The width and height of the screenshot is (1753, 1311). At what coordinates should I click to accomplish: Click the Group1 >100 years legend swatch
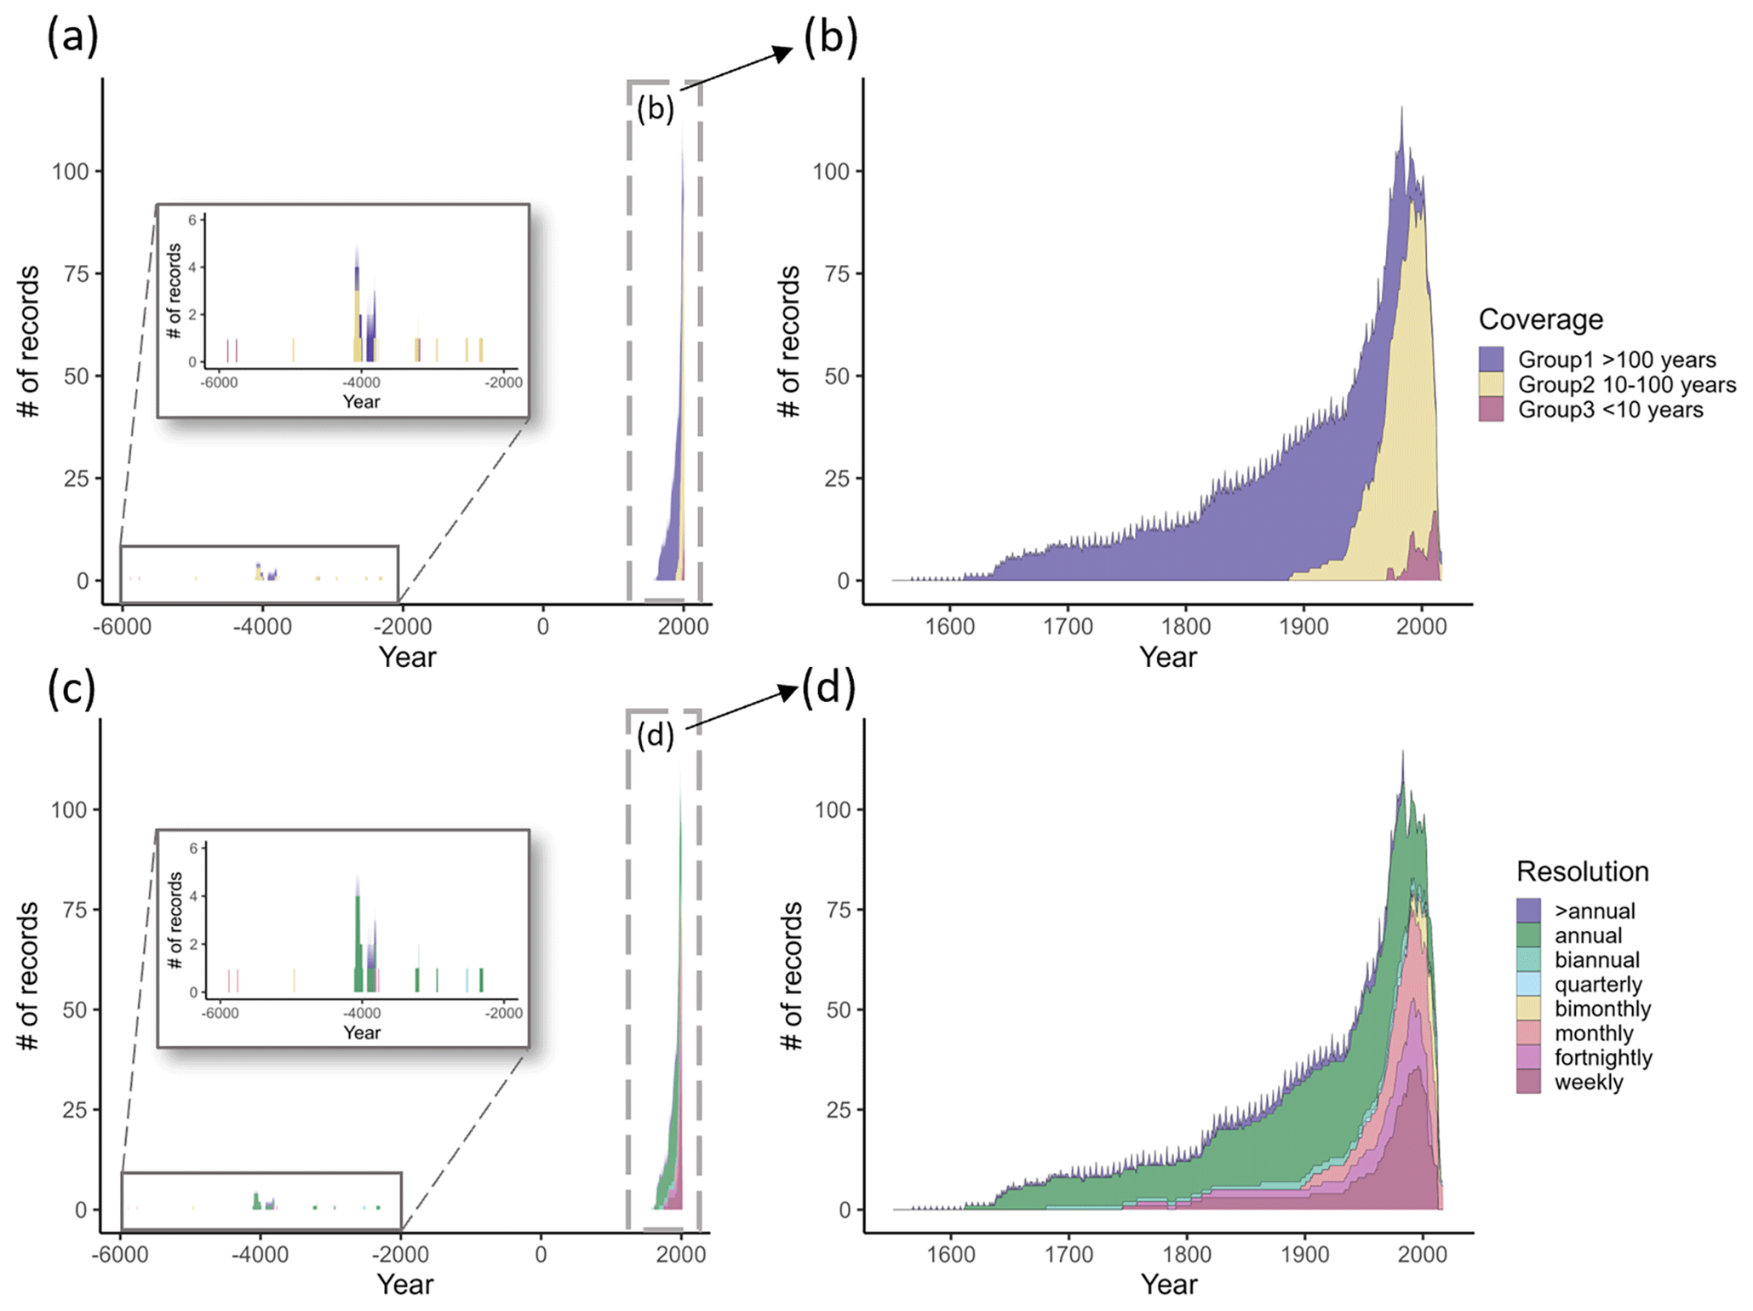[x=1491, y=359]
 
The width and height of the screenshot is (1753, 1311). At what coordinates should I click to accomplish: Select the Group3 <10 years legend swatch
[x=1491, y=409]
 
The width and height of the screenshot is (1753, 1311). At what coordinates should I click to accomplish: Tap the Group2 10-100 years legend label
[x=1627, y=384]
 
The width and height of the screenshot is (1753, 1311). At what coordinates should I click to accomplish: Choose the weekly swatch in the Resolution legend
[x=1528, y=1082]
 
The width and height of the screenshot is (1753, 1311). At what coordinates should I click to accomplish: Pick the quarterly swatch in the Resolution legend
[x=1528, y=984]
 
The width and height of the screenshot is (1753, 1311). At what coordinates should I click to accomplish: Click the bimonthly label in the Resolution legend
[x=1602, y=1009]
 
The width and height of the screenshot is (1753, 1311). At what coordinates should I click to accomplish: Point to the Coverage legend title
[x=1540, y=319]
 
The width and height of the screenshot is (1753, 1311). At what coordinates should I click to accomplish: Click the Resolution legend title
[x=1582, y=871]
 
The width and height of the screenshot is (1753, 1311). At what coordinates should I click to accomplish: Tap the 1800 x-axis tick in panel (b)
[x=1186, y=626]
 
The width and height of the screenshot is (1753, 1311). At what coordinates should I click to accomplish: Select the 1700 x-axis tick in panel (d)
[x=1068, y=1254]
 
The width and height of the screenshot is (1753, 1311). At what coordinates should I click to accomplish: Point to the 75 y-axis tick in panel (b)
[x=838, y=273]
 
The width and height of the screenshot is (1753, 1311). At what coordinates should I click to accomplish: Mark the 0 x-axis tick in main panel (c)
[x=541, y=1254]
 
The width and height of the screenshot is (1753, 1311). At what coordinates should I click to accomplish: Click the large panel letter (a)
[x=72, y=37]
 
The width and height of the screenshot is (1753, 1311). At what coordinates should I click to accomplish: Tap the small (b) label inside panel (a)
[x=656, y=108]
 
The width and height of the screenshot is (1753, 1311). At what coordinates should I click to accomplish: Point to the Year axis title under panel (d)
[x=1169, y=1284]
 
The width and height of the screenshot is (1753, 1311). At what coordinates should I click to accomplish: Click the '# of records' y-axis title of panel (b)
[x=789, y=341]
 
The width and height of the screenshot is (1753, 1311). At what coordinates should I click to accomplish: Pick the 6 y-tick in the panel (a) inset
[x=192, y=220]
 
